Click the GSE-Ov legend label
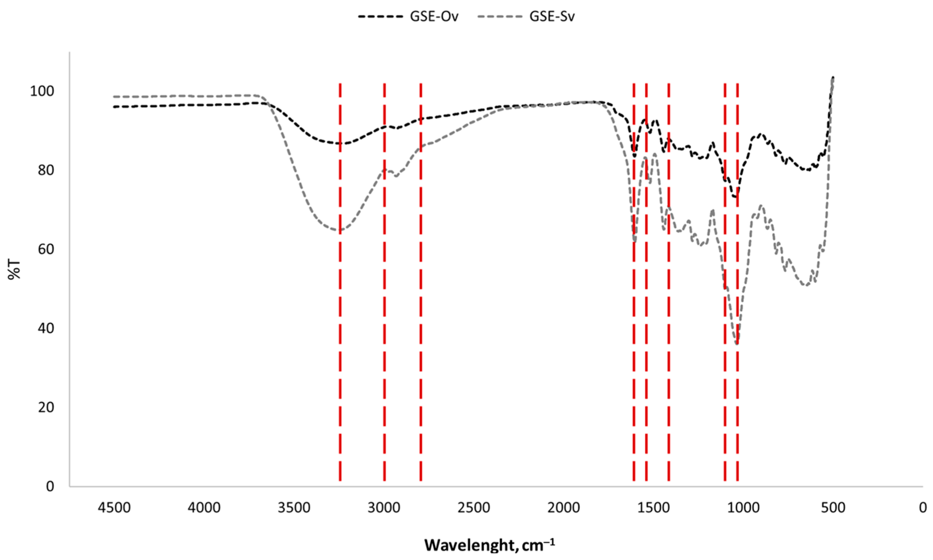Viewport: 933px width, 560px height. [x=434, y=17]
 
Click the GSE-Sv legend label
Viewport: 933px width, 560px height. [x=552, y=17]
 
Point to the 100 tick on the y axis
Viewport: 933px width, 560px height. [x=42, y=91]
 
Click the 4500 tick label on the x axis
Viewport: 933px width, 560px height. [x=114, y=508]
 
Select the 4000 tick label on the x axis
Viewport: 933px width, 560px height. [x=204, y=508]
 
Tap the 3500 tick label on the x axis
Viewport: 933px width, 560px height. [x=294, y=508]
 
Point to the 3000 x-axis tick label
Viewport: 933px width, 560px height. [x=384, y=508]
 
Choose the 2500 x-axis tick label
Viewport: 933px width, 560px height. [x=473, y=508]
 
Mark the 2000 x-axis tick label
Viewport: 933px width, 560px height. [x=563, y=508]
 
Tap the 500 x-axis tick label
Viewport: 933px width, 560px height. [x=833, y=508]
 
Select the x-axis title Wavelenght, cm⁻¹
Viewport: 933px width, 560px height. [x=489, y=545]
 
